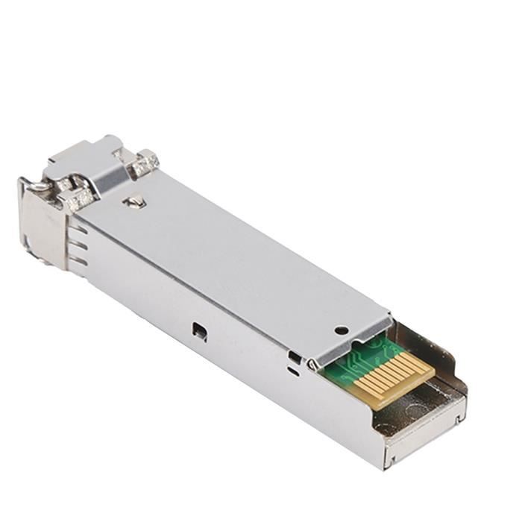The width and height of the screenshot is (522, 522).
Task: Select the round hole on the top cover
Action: (x=341, y=329)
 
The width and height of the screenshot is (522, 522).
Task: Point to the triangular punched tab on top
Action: (x=134, y=201)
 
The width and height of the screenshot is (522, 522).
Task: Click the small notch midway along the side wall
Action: (x=198, y=331)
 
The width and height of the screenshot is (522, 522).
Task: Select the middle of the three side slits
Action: (x=78, y=243)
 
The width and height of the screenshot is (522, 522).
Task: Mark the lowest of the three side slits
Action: (x=78, y=261)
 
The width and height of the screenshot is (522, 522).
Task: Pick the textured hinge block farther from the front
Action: (x=143, y=163)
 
